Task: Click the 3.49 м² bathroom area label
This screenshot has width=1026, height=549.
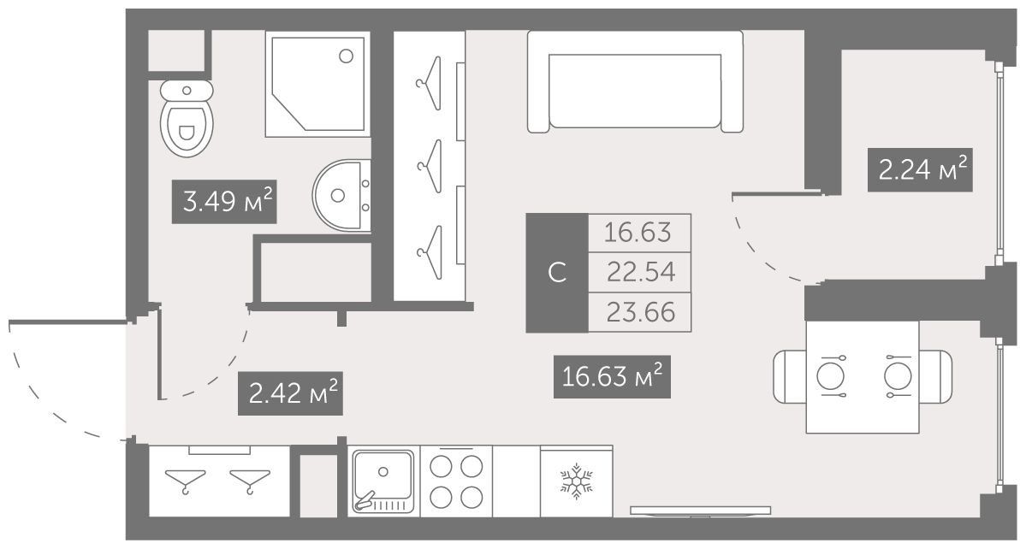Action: point(224,202)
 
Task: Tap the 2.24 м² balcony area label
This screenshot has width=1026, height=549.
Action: point(920,170)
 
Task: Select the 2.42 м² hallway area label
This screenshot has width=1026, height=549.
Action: point(290,393)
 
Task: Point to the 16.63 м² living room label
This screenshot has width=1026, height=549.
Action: point(613,376)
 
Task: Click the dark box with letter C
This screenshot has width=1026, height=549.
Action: point(557,273)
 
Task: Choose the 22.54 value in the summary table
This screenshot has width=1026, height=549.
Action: point(640,272)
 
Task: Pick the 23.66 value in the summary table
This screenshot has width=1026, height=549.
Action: point(640,312)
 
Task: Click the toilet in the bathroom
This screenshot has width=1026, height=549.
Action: point(187,118)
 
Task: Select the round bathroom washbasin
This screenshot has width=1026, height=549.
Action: point(341,195)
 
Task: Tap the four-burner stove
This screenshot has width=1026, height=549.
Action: point(456,481)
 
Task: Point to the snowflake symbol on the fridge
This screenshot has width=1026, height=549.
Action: point(577,482)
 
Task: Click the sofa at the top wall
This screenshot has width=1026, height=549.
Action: point(635,82)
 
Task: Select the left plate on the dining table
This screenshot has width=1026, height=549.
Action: point(831,376)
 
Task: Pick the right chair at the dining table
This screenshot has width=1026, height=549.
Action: point(935,376)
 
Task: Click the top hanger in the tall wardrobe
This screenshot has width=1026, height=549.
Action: point(430,83)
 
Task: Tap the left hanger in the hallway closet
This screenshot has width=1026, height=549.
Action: point(185,481)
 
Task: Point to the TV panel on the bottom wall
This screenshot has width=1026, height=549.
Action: point(700,511)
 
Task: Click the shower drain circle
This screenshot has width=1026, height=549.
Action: point(347,56)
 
